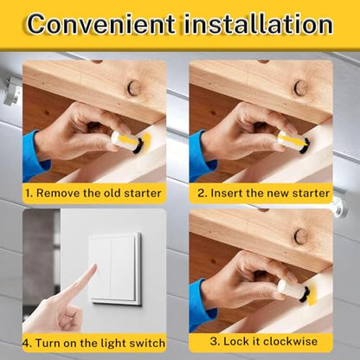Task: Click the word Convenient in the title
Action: [x=101, y=23]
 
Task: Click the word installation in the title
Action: [x=258, y=23]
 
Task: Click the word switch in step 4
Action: [x=147, y=344]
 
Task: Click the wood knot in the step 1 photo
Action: [x=134, y=87]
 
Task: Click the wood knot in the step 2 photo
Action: [x=300, y=87]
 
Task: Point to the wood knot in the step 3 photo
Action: [x=300, y=236]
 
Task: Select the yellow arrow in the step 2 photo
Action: [x=293, y=140]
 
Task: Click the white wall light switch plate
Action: [x=116, y=269]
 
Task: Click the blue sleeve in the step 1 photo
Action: [x=34, y=157]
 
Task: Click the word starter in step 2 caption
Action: [x=311, y=193]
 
